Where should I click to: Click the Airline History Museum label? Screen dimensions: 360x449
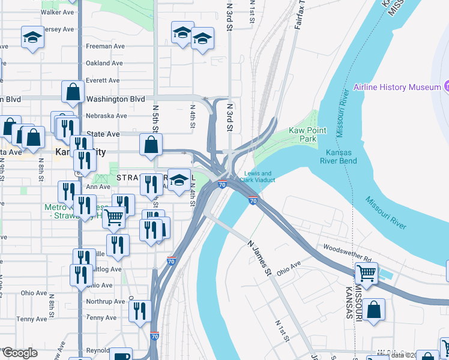click(397, 88)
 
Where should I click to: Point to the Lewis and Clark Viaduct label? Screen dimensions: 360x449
click(258, 176)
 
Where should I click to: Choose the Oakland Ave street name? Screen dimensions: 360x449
click(104, 63)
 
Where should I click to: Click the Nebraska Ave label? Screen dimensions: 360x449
click(106, 116)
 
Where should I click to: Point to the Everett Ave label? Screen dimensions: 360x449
click(103, 80)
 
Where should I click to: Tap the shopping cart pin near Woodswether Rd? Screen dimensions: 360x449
click(366, 274)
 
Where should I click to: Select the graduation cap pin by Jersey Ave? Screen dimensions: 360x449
click(32, 38)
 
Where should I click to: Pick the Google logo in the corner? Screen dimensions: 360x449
click(20, 353)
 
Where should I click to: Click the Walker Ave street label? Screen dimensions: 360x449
click(58, 12)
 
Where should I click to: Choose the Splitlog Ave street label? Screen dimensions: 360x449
click(108, 269)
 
